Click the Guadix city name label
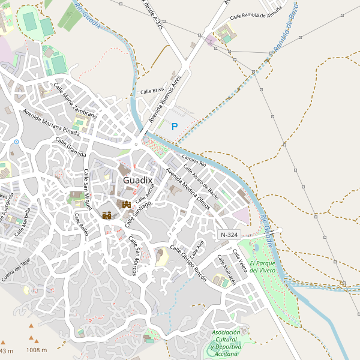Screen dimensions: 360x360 point(138,180)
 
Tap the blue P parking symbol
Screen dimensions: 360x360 point(175,127)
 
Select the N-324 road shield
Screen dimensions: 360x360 point(229,235)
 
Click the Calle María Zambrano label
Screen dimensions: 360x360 point(75,100)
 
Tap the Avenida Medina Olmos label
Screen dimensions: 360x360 point(188,188)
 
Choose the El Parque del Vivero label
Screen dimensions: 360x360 point(262,267)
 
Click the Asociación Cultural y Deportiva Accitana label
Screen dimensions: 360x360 point(226,343)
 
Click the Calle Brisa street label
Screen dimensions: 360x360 point(152,91)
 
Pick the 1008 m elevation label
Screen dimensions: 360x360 point(37,350)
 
